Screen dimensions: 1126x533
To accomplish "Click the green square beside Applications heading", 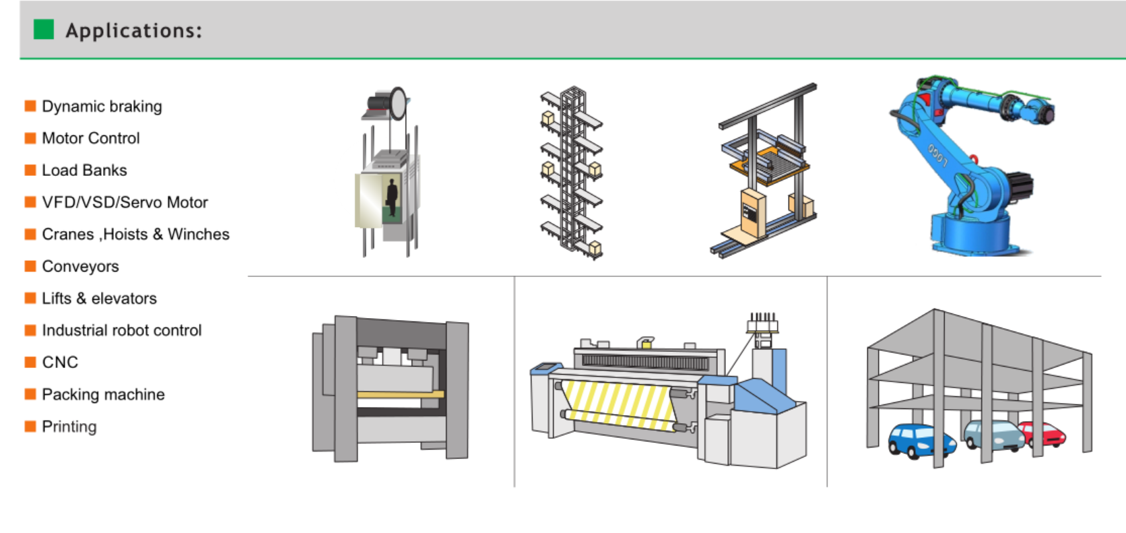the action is pos(44,30).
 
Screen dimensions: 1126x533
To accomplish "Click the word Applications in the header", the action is pos(134,31).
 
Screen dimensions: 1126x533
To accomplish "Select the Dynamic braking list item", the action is pos(102,106).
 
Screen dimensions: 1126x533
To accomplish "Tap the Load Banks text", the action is pos(84,170).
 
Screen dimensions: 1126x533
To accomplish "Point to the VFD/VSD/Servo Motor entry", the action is pos(125,202).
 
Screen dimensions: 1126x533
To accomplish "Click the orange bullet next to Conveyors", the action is pos(30,266).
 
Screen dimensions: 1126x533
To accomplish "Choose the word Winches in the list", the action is pos(199,234).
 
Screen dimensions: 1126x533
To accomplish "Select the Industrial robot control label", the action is pos(122,330).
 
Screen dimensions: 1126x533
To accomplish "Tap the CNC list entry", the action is pos(61,362).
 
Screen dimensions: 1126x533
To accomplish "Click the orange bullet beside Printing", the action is pos(30,427).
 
